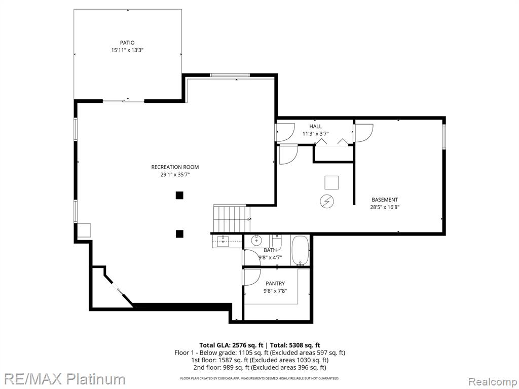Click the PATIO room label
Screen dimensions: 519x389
[x=127, y=43]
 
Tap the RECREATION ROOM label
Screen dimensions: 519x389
[x=175, y=167]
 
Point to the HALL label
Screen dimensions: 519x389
[x=315, y=126]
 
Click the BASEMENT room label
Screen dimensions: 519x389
[x=385, y=200]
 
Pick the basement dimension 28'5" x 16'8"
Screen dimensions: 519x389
[x=385, y=207]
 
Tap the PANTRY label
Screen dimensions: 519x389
[x=275, y=284]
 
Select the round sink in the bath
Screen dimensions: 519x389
[x=256, y=241]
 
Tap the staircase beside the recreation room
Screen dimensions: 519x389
[x=231, y=219]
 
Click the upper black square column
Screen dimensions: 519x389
[x=179, y=196]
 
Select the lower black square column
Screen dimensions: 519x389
[x=179, y=234]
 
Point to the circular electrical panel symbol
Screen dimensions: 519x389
[x=327, y=202]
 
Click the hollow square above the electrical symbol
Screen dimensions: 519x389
[x=331, y=182]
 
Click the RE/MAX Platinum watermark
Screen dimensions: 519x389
[x=62, y=379]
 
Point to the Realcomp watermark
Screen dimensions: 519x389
[x=493, y=380]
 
